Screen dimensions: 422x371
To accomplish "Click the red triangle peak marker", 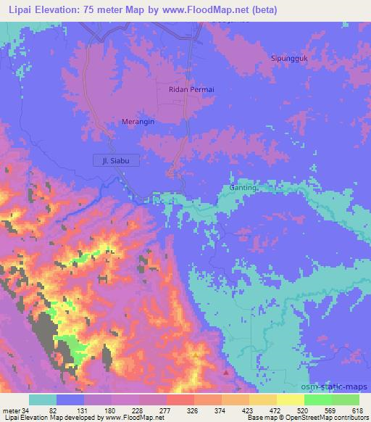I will [226, 373].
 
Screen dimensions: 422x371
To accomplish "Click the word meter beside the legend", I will [12, 410].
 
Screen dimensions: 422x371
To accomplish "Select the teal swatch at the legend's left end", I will [43, 400].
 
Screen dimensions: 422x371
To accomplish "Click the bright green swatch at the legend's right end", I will [345, 400].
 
